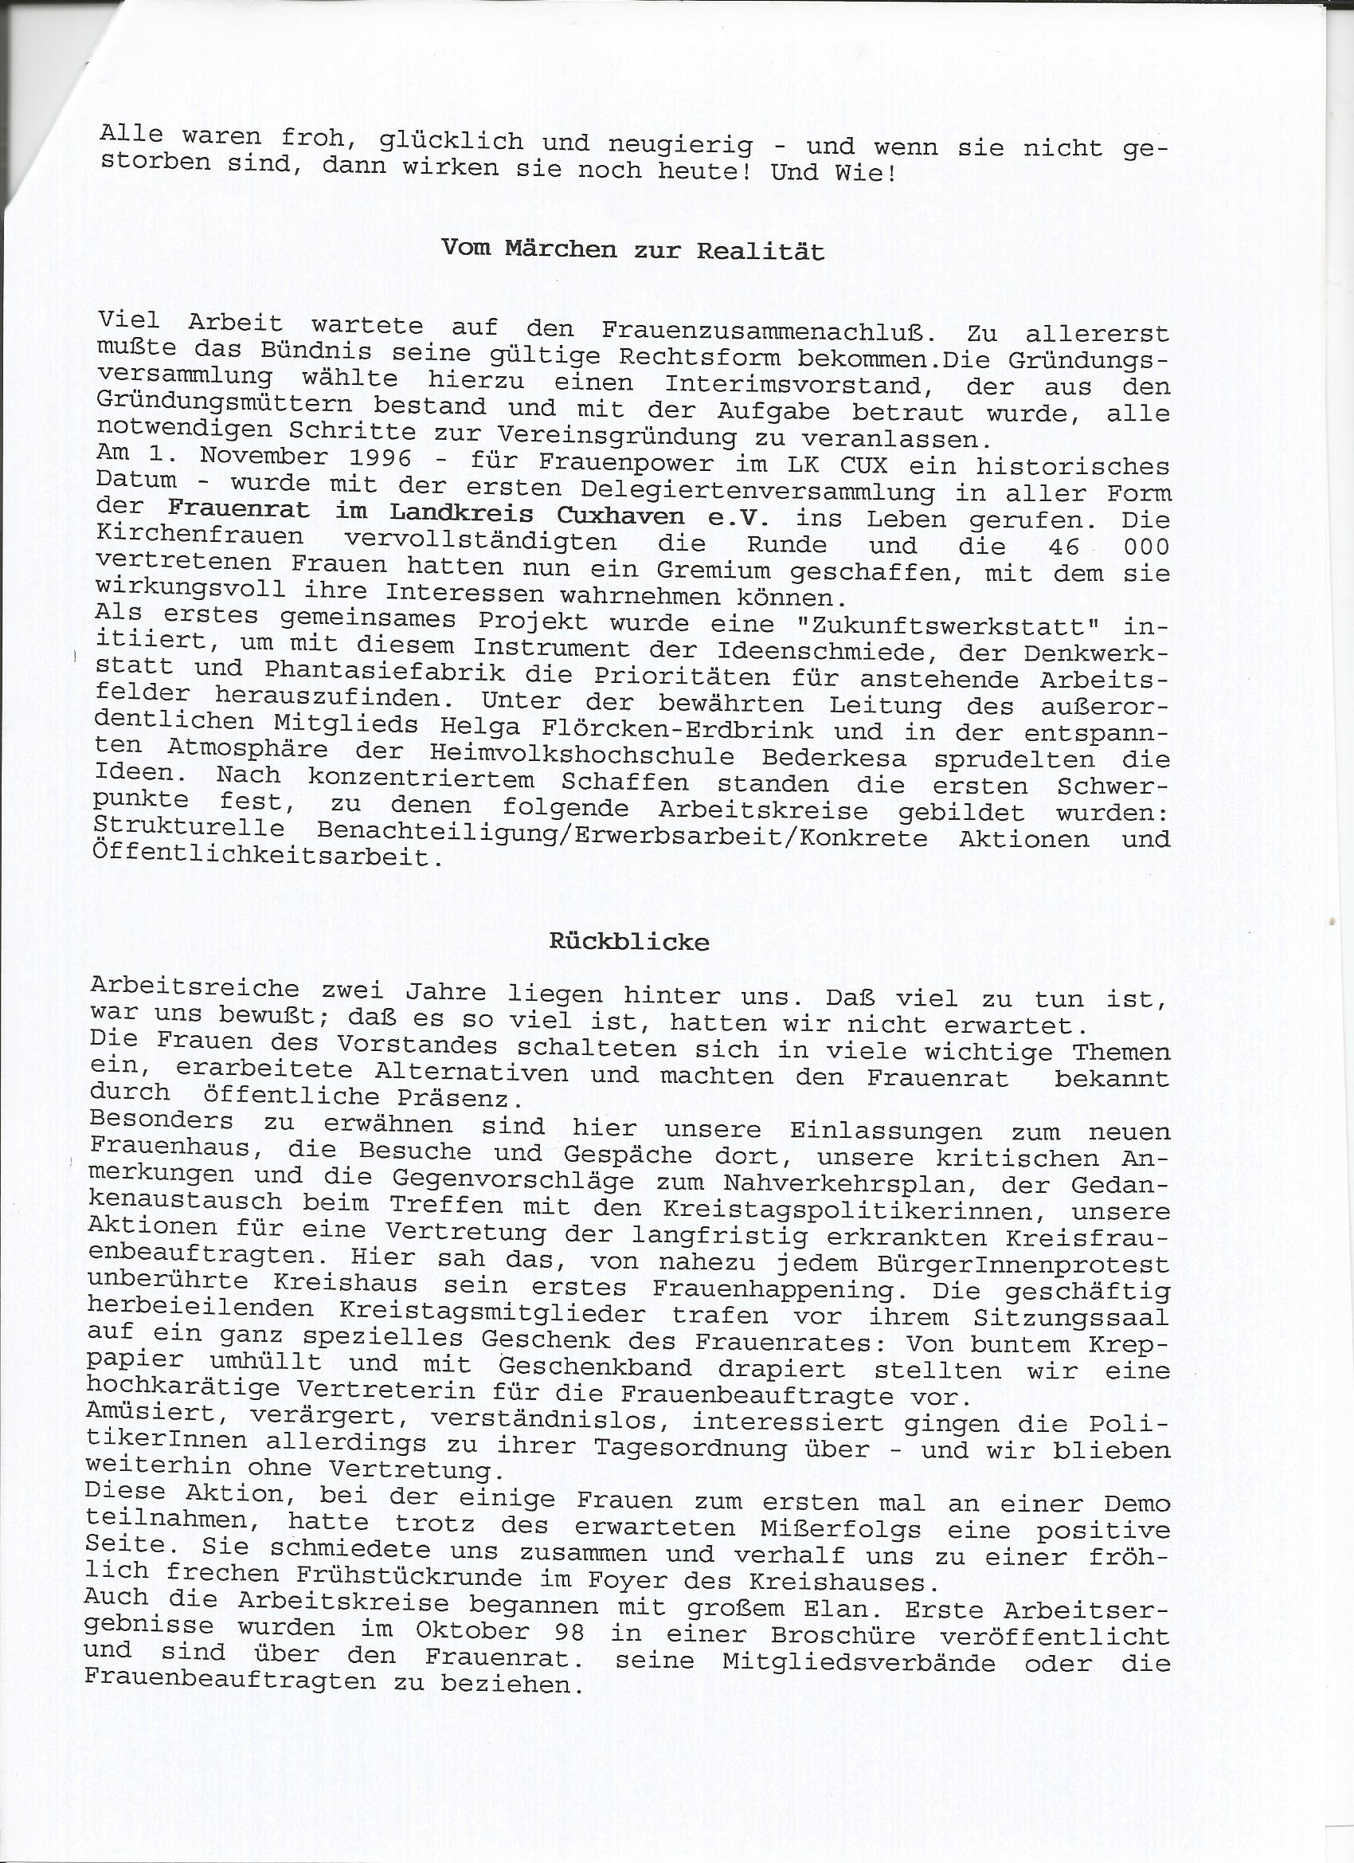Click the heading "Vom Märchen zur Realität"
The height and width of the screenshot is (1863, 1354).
coord(632,249)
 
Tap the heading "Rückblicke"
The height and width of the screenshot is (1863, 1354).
coord(629,941)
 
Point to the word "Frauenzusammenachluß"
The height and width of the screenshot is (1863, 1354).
coord(768,330)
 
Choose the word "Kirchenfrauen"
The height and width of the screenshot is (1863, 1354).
coord(200,535)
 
